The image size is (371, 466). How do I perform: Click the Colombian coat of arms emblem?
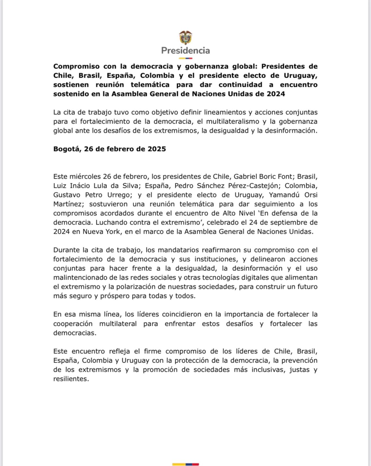[x=185, y=38]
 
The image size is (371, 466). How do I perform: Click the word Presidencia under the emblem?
[x=185, y=51]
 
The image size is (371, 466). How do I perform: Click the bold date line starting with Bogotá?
[x=110, y=149]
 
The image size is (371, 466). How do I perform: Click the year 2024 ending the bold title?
[x=276, y=94]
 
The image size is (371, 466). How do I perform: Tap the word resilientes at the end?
[x=71, y=379]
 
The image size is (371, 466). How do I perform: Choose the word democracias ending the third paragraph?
[x=74, y=333]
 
